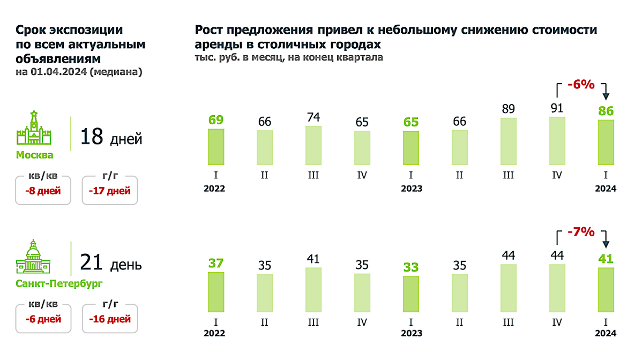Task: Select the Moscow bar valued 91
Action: (557, 140)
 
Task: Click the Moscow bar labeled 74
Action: (313, 145)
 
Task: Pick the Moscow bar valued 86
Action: (606, 142)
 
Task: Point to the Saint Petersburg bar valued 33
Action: (411, 294)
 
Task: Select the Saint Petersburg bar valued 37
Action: (216, 292)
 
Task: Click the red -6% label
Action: (581, 85)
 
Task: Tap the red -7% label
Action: (581, 232)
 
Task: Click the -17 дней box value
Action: (110, 191)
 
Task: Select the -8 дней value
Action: (43, 191)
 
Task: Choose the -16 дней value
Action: (110, 319)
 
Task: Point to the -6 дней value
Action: (43, 319)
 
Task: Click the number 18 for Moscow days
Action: (92, 137)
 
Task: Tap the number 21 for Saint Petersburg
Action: (92, 263)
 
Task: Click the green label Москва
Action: (34, 155)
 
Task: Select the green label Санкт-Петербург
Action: (59, 283)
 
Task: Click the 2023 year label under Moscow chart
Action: (411, 189)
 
